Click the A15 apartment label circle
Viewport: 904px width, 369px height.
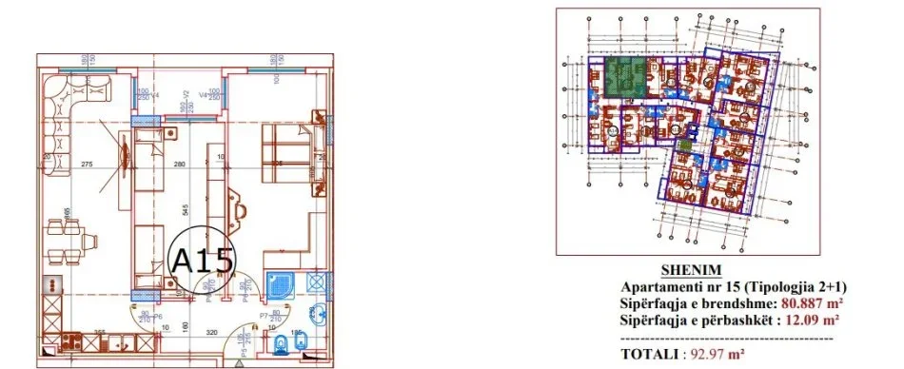[201, 258]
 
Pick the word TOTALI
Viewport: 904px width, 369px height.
[652, 354]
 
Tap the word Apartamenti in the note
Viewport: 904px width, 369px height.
[658, 286]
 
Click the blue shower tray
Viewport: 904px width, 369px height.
[282, 284]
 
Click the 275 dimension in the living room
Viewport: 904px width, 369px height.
[87, 166]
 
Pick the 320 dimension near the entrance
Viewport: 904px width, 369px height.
[212, 333]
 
